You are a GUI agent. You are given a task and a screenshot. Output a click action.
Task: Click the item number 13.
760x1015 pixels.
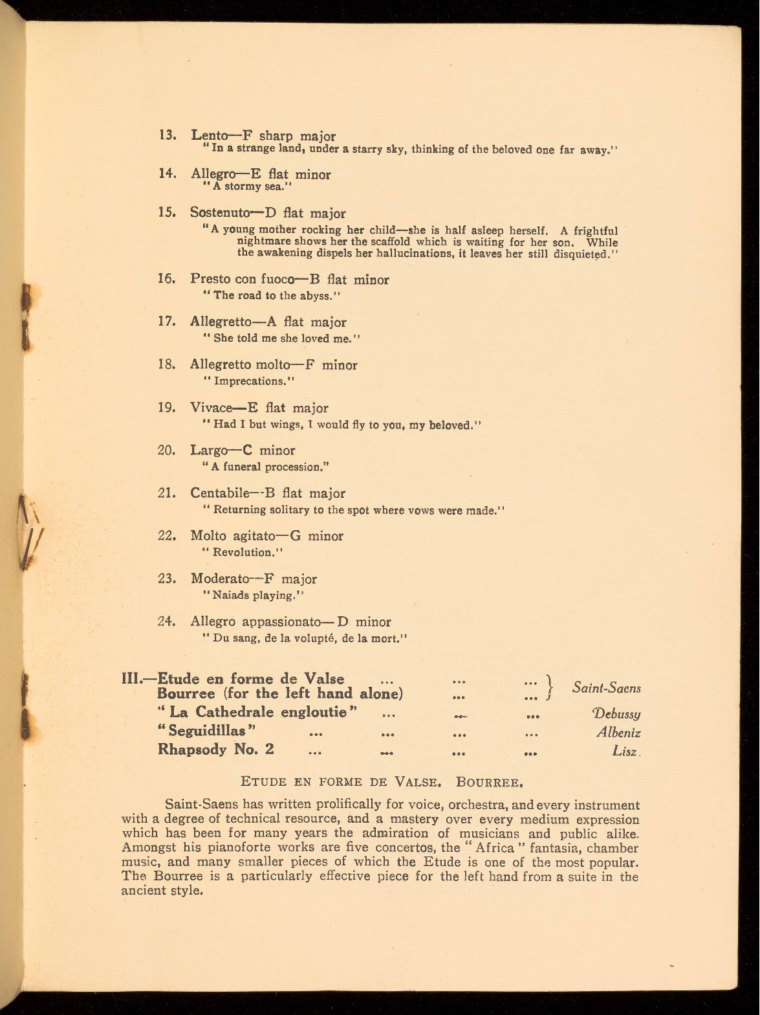[x=168, y=136]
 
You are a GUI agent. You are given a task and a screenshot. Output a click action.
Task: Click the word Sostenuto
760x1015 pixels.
[x=219, y=213]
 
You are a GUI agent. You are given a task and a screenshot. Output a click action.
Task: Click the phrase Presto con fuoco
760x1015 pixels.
[x=241, y=280]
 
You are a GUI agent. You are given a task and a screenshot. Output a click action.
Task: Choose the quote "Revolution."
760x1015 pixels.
[x=244, y=552]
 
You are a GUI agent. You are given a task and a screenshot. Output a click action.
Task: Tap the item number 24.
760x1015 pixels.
[x=167, y=621]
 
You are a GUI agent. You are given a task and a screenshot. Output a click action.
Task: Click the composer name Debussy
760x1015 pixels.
[x=616, y=714]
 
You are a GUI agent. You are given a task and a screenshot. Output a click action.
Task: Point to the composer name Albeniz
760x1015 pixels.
[x=618, y=733]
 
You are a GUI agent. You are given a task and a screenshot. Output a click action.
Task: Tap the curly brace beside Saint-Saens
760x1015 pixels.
[x=550, y=687]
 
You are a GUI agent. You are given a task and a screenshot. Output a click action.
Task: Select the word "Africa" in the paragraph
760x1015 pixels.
[x=486, y=848]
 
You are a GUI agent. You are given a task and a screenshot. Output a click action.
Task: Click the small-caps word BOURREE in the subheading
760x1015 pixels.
[x=488, y=781]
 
